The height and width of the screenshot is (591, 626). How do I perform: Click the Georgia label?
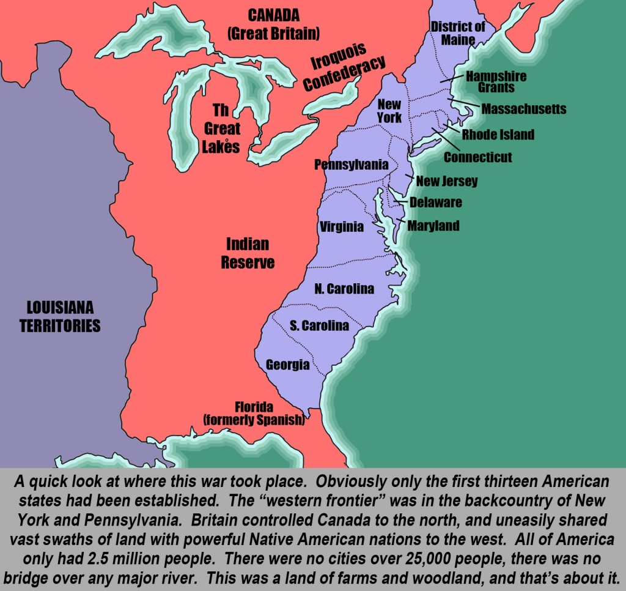[x=287, y=365]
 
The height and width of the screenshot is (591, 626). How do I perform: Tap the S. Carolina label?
[x=319, y=325]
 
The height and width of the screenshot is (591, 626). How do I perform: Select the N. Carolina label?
[x=344, y=289]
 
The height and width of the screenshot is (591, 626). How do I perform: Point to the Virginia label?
[x=342, y=227]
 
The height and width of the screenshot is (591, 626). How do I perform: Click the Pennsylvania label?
[x=352, y=165]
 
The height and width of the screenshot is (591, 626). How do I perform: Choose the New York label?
[x=389, y=111]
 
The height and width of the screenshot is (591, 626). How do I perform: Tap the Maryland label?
[x=433, y=226]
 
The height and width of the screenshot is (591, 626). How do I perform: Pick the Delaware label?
[x=436, y=203]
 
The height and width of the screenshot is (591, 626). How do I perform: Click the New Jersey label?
[x=447, y=181]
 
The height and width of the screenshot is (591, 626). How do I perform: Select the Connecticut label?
[x=477, y=157]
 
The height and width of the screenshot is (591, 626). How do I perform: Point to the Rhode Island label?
[x=498, y=135]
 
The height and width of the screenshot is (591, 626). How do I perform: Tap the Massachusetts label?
[x=524, y=110]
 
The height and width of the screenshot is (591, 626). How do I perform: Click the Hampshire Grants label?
[x=496, y=82]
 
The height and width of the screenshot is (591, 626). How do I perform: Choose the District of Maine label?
[x=458, y=32]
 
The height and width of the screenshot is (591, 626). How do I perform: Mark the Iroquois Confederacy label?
[x=344, y=72]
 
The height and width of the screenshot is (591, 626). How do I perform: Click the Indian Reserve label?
[x=248, y=253]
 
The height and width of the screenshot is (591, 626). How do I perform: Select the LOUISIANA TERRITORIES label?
[x=60, y=316]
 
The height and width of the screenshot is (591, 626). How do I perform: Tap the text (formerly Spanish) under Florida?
[x=254, y=420]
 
